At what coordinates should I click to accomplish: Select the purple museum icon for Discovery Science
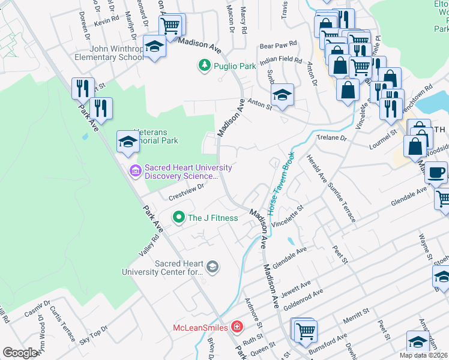tap(135, 172)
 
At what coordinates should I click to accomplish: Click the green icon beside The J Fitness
tap(178, 218)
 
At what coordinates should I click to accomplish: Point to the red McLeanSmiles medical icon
tap(238, 327)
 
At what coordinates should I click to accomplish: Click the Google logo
tap(20, 352)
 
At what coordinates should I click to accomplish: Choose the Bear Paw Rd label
tap(278, 44)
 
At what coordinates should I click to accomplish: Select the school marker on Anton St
tap(282, 94)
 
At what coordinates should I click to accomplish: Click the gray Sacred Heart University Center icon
tap(212, 266)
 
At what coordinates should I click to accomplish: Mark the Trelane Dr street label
tap(332, 138)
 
